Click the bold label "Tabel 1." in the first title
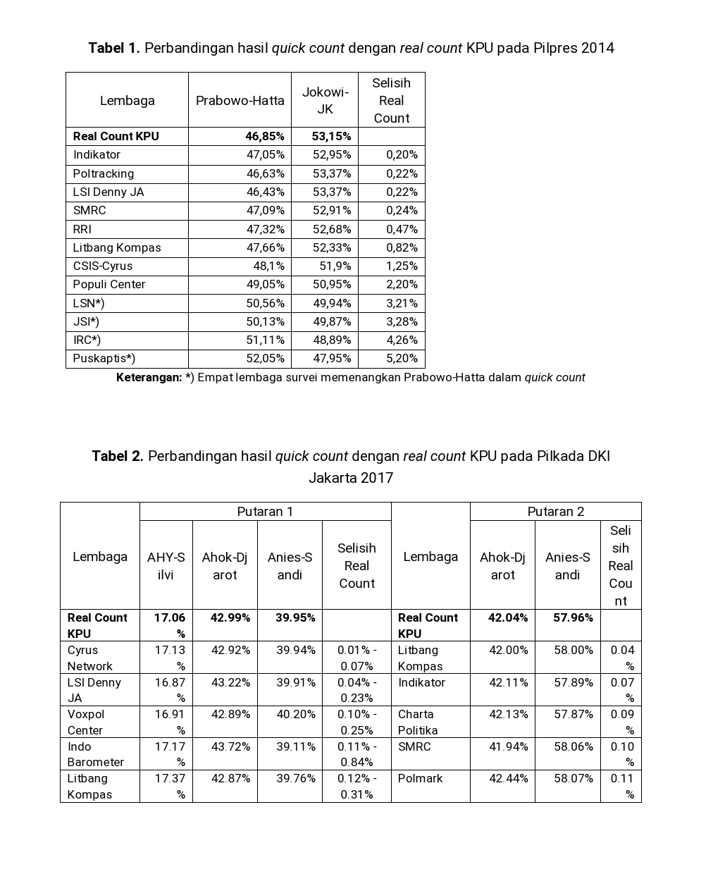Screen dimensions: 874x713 point(114,48)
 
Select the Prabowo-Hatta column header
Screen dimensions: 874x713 point(240,100)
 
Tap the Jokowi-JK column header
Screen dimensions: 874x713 point(325,100)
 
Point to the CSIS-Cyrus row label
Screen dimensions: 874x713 point(103,266)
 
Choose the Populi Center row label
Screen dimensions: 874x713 point(109,284)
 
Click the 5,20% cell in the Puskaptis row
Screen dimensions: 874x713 point(402,358)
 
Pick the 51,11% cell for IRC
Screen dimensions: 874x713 point(266,340)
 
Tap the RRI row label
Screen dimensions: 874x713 point(82,229)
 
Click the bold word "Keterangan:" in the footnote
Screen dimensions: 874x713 point(149,377)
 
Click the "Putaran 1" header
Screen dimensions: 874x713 point(265,512)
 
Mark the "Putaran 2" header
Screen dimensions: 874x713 point(555,512)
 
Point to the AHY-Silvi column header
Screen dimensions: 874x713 point(166,565)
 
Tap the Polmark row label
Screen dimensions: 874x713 point(421,778)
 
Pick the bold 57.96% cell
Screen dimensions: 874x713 point(573,617)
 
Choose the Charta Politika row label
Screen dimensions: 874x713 point(418,722)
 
